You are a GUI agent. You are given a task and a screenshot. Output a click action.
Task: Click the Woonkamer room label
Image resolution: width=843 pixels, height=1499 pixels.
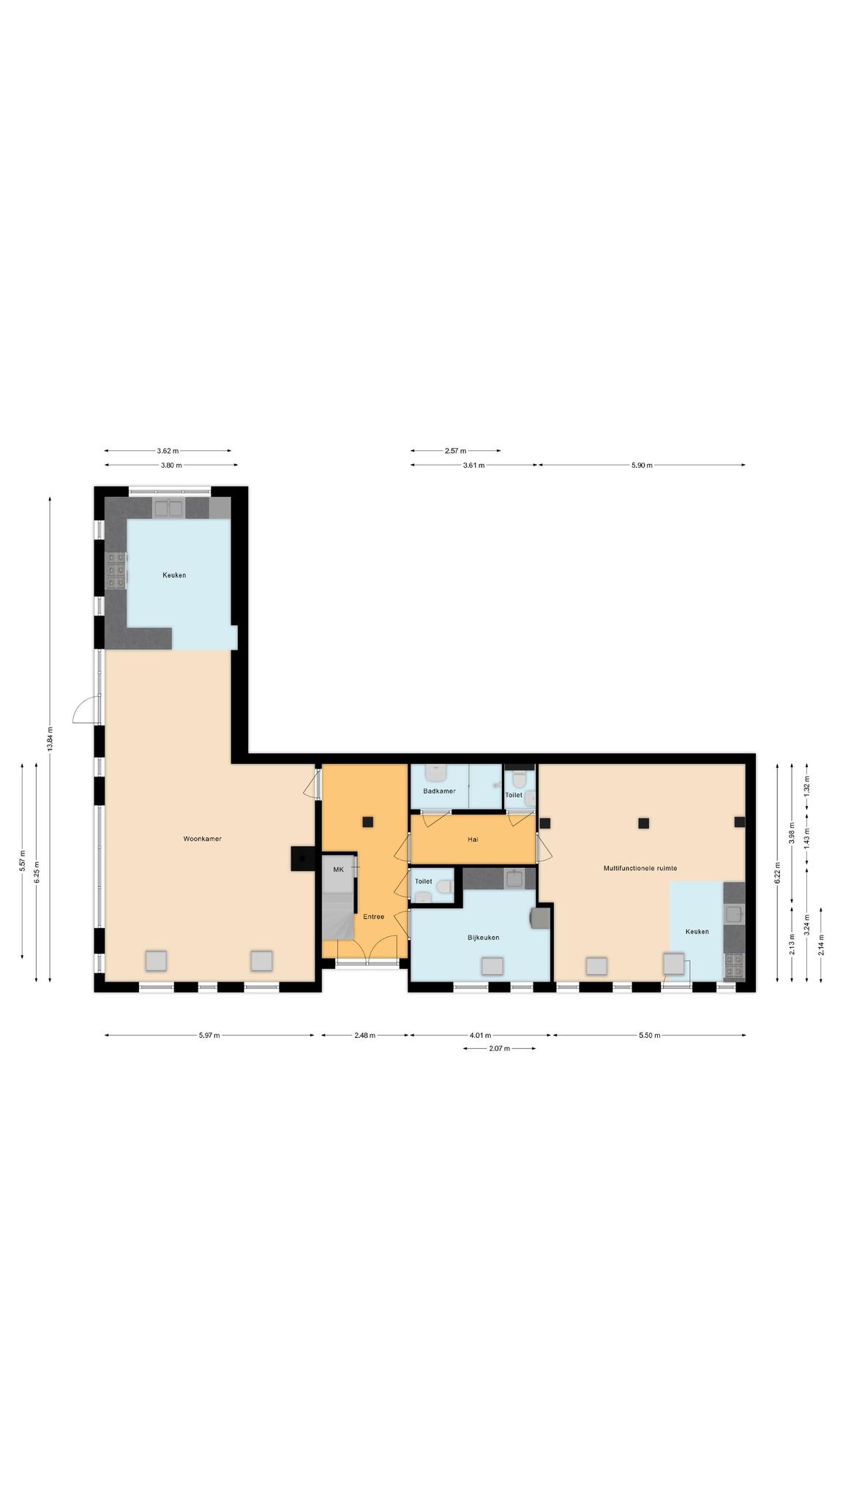[202, 839]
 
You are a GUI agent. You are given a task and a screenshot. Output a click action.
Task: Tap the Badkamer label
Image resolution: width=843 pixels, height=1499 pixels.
[439, 791]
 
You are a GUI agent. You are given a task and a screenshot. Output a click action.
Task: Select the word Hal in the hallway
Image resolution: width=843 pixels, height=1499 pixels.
[473, 840]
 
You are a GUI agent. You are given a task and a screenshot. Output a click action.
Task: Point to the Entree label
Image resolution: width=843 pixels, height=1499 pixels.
[373, 916]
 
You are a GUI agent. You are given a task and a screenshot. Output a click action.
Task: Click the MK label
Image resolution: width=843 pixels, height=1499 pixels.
[338, 870]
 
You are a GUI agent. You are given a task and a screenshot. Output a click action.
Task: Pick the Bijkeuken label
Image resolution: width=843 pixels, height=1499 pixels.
[483, 938]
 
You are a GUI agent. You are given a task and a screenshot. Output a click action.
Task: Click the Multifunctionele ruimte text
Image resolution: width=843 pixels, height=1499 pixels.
[640, 868]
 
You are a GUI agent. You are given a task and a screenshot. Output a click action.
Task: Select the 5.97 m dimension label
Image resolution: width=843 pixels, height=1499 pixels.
[209, 1036]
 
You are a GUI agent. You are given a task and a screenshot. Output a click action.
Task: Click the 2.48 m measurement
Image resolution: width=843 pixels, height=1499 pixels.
[364, 1036]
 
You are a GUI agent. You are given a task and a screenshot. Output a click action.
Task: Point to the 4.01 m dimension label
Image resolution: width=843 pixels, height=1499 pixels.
[480, 1036]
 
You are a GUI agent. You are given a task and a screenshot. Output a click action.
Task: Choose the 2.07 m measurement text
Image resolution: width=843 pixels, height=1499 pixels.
[499, 1049]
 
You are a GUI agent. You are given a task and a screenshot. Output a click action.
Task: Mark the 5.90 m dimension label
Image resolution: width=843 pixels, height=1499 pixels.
[642, 466]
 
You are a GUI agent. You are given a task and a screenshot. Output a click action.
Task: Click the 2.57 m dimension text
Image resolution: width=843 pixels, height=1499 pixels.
[455, 452]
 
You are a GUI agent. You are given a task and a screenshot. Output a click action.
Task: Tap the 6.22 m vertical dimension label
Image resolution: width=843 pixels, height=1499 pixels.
[777, 873]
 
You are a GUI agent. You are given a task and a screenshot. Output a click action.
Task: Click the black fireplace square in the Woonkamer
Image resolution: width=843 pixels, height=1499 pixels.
[301, 859]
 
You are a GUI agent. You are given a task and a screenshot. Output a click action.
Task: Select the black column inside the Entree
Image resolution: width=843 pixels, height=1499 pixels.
[368, 822]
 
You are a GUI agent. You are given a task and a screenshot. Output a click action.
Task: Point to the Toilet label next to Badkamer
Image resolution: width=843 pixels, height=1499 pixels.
[514, 795]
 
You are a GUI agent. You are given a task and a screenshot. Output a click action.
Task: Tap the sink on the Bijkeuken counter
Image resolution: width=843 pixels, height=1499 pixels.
[514, 878]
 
